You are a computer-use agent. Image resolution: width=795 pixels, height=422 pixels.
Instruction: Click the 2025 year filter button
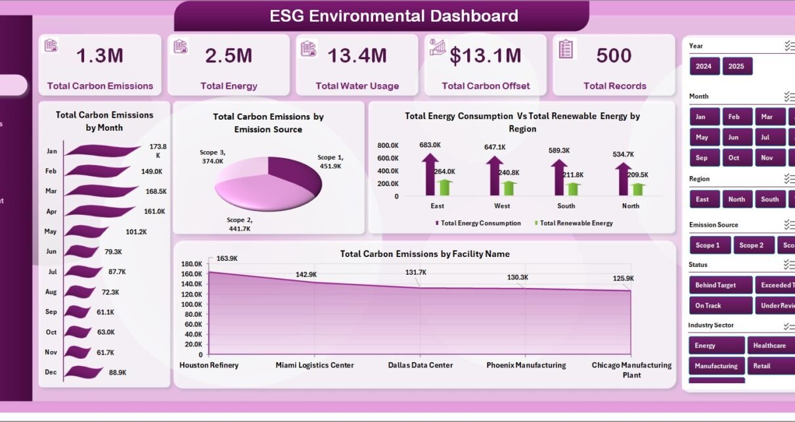737,66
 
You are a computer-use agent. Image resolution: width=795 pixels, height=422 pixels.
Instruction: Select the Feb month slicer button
733,117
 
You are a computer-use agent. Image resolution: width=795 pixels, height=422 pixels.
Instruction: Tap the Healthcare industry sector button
769,346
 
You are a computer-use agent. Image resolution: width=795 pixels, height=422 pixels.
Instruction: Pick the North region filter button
737,199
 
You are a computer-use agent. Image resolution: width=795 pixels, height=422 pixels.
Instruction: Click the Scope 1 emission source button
708,245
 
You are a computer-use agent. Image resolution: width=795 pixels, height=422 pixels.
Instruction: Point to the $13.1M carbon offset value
486,57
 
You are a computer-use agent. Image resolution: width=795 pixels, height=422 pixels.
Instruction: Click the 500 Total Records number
614,57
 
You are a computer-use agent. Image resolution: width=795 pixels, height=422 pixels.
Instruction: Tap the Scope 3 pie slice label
212,156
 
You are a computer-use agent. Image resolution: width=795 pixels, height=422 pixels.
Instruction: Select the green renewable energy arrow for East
445,187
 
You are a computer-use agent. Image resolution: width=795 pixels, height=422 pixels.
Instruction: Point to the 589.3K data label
558,150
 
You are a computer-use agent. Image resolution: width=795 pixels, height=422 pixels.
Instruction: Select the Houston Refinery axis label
209,365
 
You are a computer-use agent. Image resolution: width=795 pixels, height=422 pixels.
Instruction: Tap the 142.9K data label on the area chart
306,274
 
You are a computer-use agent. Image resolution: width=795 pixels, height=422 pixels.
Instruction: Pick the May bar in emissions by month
86,231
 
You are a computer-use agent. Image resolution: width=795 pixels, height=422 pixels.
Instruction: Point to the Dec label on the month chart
51,372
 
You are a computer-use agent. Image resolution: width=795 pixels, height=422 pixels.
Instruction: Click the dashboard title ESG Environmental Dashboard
394,16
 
